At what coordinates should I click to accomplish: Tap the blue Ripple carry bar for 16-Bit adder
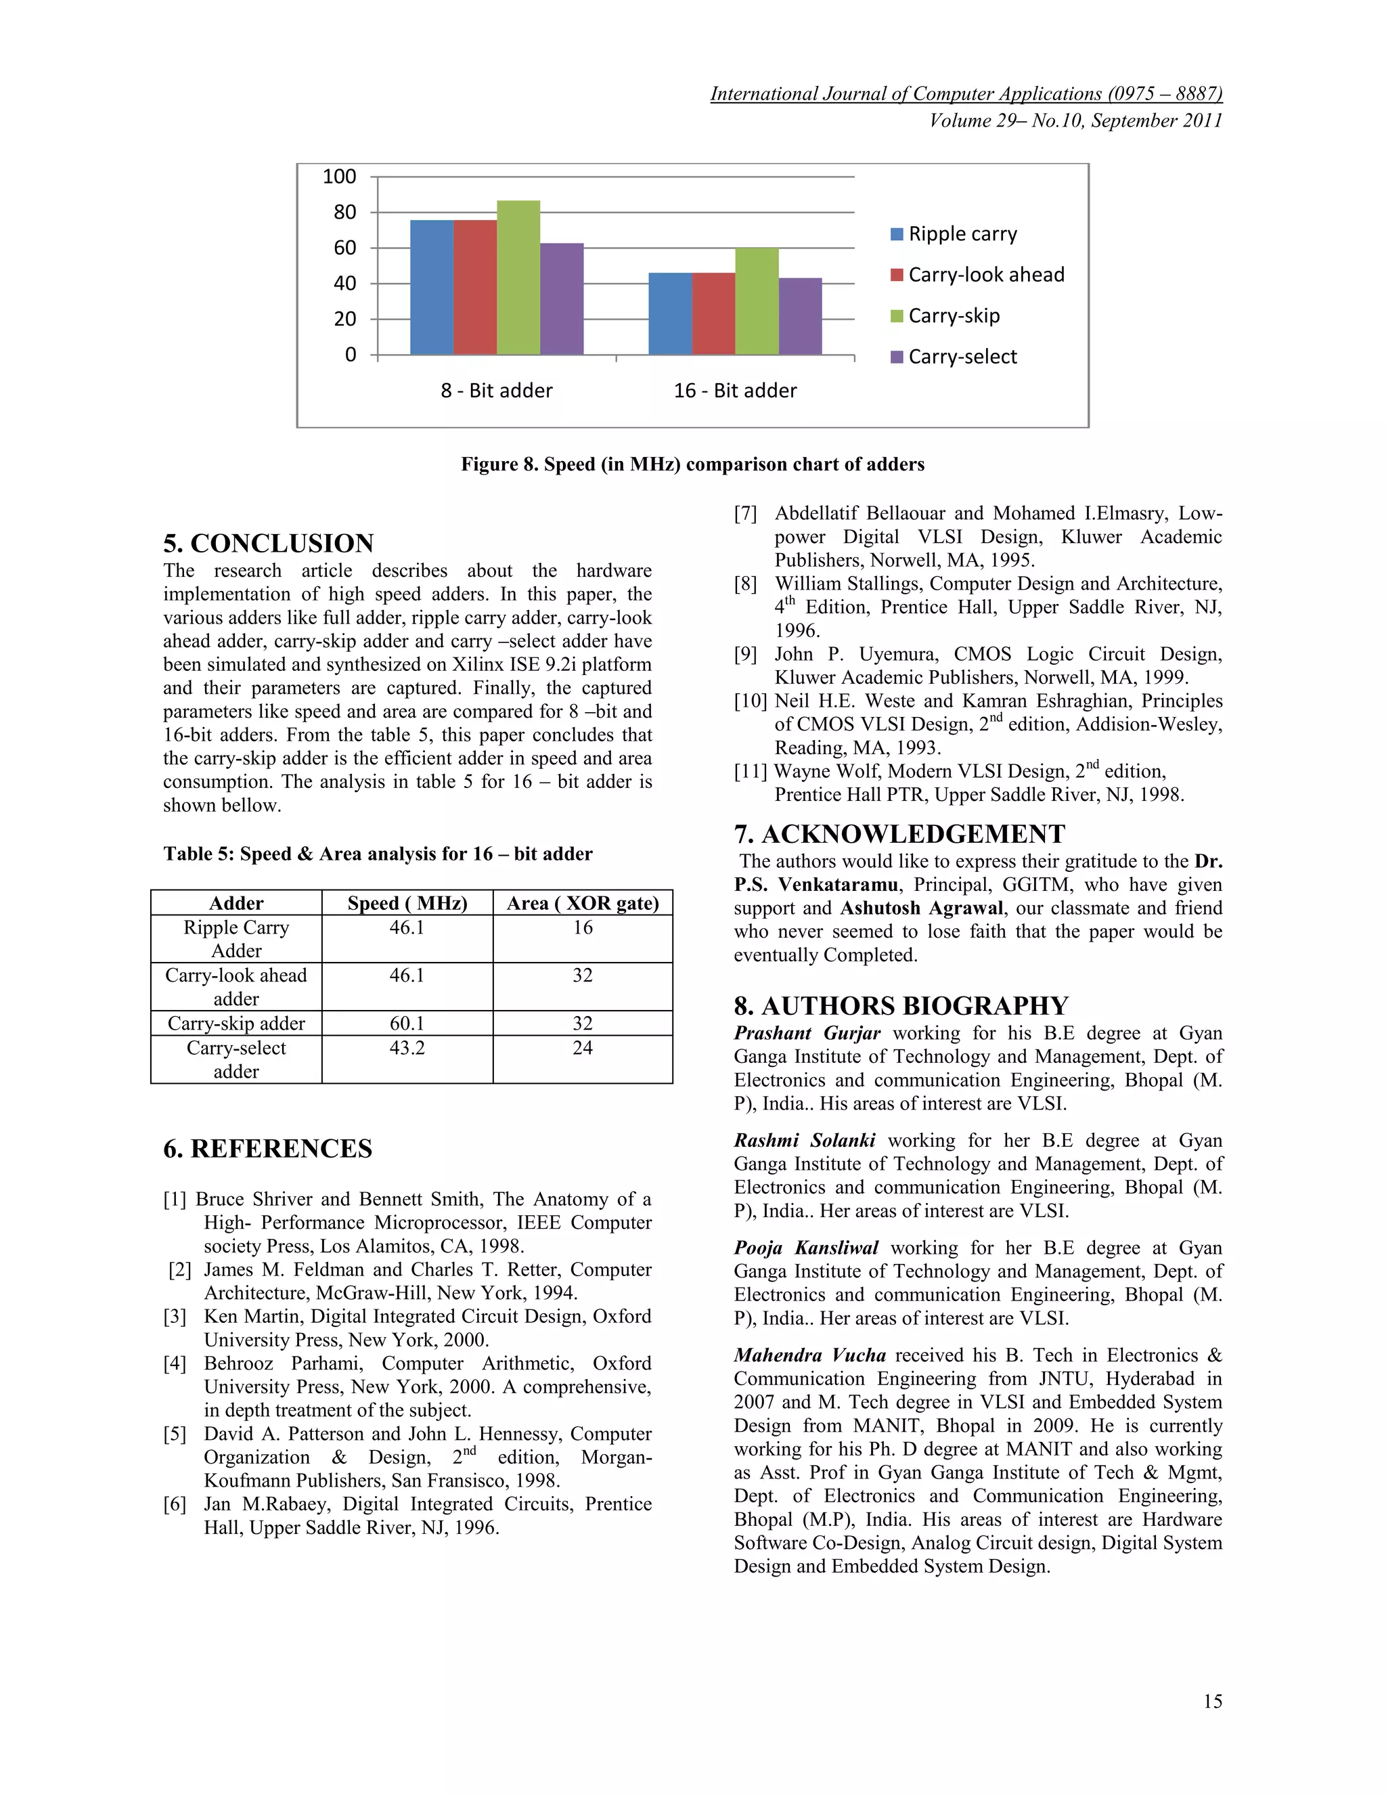point(670,314)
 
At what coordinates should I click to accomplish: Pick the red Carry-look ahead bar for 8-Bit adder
point(474,288)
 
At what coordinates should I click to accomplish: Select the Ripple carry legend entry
point(954,234)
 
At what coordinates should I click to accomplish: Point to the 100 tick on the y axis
point(339,177)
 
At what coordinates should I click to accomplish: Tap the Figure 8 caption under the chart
point(692,464)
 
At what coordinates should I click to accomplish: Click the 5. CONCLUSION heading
point(269,543)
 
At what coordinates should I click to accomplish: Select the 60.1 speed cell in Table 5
point(407,1023)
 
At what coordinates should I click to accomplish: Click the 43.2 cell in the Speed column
point(407,1047)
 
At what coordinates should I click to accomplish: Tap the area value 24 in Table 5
point(582,1047)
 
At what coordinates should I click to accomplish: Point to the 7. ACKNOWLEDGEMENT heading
point(899,834)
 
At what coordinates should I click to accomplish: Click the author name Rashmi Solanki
point(804,1140)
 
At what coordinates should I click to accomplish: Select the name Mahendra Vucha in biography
point(809,1355)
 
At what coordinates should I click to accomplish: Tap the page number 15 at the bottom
point(1212,1701)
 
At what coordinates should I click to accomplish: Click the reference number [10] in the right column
point(751,701)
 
